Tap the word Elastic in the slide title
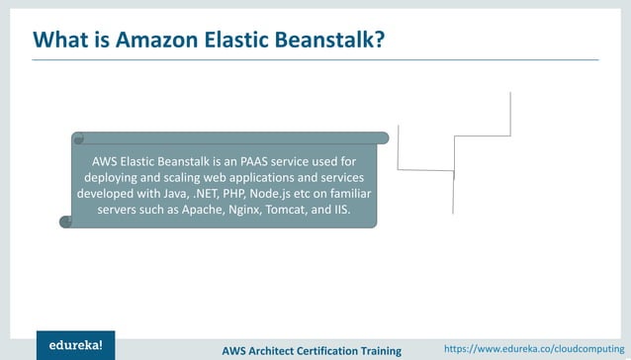pyautogui.click(x=240, y=41)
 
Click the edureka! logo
pyautogui.click(x=75, y=344)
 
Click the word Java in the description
pyautogui.click(x=192, y=194)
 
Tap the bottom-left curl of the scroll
pyautogui.click(x=66, y=222)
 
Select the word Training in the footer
pyautogui.click(x=382, y=350)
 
